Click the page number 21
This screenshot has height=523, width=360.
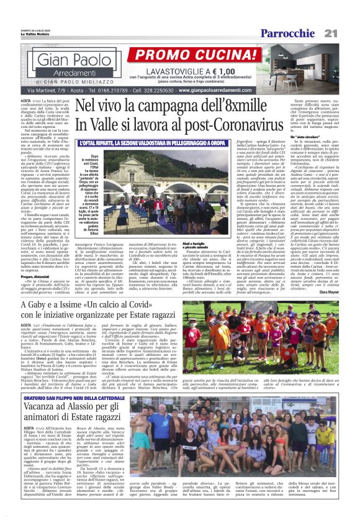pyautogui.click(x=348, y=33)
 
